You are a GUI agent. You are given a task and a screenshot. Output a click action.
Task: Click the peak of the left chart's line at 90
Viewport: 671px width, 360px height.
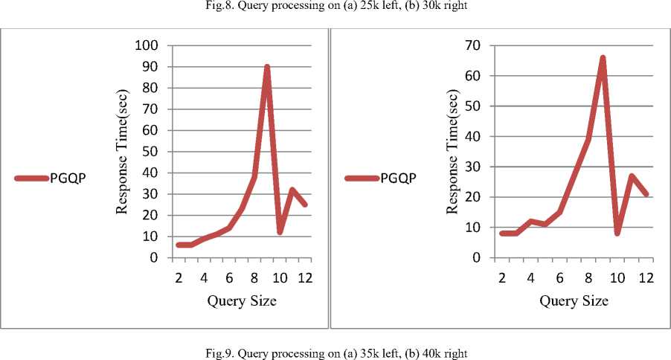pos(266,67)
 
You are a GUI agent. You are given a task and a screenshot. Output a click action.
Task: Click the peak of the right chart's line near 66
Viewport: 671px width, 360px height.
pos(602,57)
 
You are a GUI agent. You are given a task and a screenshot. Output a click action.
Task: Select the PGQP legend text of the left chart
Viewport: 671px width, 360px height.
pos(70,178)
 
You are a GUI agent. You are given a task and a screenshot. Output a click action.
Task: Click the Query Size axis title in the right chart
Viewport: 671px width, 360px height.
pos(574,301)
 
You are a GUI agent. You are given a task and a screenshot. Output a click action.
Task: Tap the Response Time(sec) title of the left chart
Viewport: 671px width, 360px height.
pos(123,152)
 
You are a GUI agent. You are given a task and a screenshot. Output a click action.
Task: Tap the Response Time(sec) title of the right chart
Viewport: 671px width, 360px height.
pos(453,152)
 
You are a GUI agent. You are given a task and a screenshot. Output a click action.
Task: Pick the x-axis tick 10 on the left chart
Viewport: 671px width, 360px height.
pos(280,278)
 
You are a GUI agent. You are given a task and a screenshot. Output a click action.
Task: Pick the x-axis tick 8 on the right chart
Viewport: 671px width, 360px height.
pos(588,278)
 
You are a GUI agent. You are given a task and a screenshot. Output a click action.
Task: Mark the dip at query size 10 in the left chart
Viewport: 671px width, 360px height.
pos(280,232)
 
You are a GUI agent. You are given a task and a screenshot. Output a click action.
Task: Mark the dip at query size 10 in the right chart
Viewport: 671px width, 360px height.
pos(617,233)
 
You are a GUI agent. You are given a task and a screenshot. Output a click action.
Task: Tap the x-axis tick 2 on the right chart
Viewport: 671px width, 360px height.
pos(502,278)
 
